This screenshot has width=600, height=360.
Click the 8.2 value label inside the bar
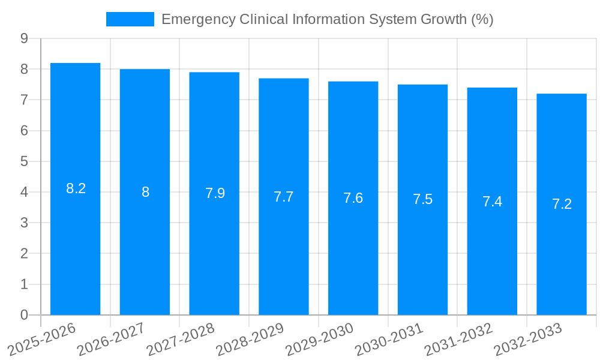(76, 188)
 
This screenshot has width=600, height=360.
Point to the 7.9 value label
(215, 193)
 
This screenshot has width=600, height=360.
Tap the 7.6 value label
(353, 198)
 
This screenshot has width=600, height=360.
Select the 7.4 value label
(492, 202)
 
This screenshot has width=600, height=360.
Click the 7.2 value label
(562, 204)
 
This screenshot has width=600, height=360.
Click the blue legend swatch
(130, 19)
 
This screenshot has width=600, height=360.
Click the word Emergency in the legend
(198, 19)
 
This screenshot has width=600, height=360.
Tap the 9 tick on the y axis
(24, 38)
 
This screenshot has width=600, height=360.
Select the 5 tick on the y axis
(24, 161)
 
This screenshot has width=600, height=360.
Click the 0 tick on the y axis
(24, 315)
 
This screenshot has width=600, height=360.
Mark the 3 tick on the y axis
(24, 223)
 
